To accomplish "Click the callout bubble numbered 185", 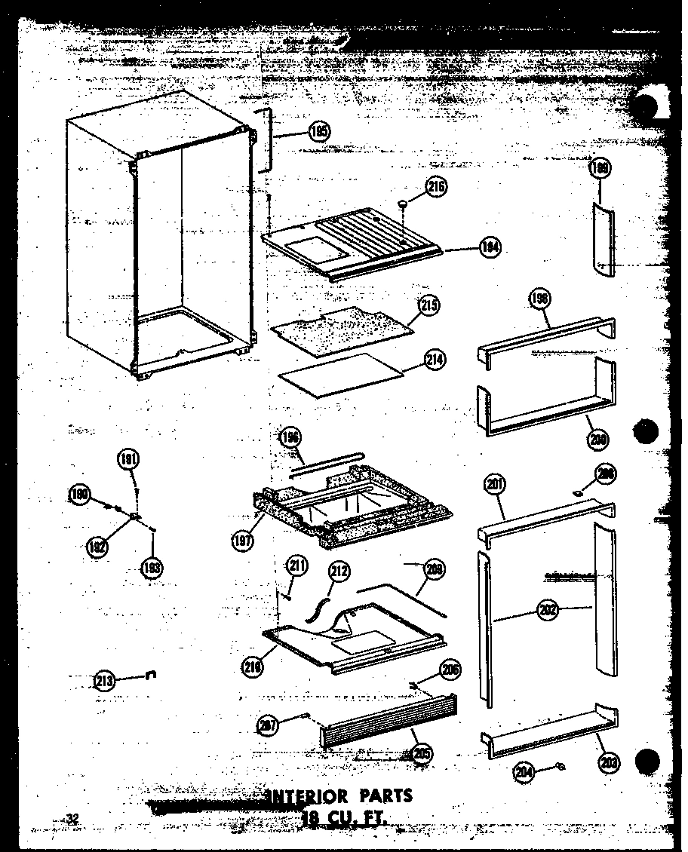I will pyautogui.click(x=319, y=132).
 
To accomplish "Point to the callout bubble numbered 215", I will pyautogui.click(x=430, y=305).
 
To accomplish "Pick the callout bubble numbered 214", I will pyautogui.click(x=435, y=360).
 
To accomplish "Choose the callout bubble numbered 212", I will pyautogui.click(x=339, y=572).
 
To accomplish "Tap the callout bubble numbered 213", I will pyautogui.click(x=106, y=681).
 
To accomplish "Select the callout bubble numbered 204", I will pyautogui.click(x=524, y=771).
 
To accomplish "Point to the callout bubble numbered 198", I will pyautogui.click(x=540, y=300).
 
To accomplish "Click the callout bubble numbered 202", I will pyautogui.click(x=548, y=611).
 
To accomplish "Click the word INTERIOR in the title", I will pyautogui.click(x=307, y=796).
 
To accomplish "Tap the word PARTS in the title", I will pyautogui.click(x=385, y=795).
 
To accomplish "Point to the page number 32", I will pyautogui.click(x=72, y=819).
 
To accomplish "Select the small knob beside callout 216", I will pyautogui.click(x=405, y=202).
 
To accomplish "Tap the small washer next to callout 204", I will pyautogui.click(x=560, y=767).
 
